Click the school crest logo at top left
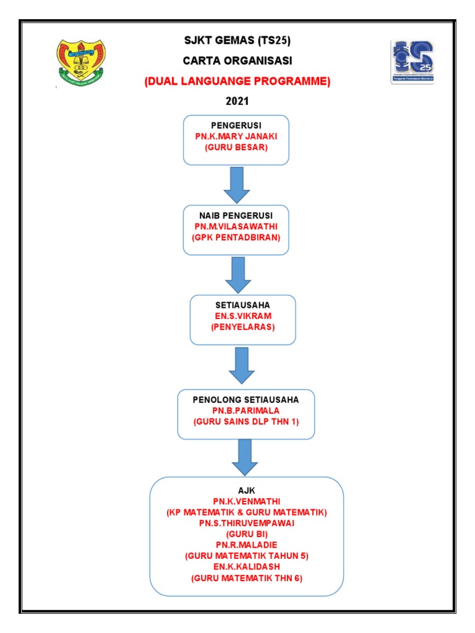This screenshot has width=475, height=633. pos(81,62)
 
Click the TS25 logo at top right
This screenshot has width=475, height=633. pos(412,62)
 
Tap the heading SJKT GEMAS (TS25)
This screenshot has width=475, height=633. pos(237,41)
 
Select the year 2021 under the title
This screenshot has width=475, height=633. pos(237,101)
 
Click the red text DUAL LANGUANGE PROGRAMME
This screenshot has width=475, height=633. pos(237,82)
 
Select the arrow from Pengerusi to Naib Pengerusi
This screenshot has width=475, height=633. pos(237,184)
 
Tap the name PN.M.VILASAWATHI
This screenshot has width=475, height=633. pos(236,227)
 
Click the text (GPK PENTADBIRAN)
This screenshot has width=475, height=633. pos(236,238)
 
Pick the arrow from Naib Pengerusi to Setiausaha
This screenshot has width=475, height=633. pos(238,274)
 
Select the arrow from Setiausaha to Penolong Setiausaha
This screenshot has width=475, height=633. pos(242,365)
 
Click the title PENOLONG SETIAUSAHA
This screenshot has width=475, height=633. pos(246,400)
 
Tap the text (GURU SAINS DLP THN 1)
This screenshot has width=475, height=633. pos(246,422)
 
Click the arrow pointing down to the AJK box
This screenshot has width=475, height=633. pos(246,457)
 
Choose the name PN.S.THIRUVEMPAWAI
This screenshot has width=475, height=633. pos(246,522)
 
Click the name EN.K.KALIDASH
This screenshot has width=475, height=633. pos(246,567)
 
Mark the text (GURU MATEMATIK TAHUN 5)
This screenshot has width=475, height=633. pos(246,556)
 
